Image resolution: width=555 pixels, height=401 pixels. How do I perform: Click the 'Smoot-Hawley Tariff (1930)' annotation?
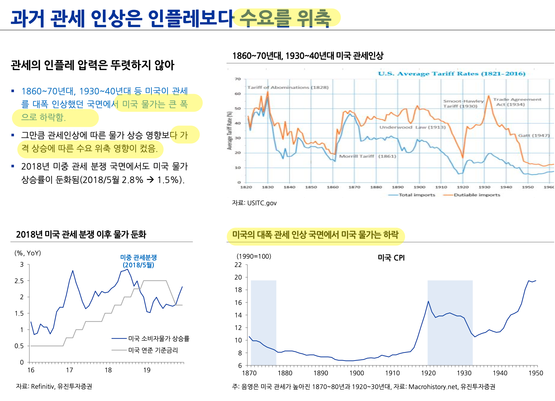[x=463, y=104]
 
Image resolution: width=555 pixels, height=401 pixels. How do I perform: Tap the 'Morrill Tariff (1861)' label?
[x=368, y=156]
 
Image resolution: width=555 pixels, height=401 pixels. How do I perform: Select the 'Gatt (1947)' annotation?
[x=534, y=135]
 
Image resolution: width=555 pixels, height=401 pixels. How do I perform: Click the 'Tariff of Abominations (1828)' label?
[x=288, y=87]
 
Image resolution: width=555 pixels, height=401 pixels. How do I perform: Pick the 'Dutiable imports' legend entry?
[x=477, y=195]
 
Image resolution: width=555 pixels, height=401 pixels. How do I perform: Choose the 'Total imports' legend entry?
[x=417, y=195]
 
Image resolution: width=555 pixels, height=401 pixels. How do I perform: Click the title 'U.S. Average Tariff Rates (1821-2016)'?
[x=452, y=74]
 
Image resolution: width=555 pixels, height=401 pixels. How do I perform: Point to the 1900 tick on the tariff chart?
[x=419, y=187]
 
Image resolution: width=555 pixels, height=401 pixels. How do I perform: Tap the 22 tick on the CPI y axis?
[x=238, y=265]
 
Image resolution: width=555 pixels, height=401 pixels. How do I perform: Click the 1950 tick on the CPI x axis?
[x=536, y=373]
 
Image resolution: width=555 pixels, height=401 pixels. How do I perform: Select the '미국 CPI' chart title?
[x=391, y=258]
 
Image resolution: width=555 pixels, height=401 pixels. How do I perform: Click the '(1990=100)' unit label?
[x=254, y=256]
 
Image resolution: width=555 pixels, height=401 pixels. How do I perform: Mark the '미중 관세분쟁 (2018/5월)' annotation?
[x=138, y=261]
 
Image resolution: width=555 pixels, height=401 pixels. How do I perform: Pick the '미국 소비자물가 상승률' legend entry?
[x=159, y=338]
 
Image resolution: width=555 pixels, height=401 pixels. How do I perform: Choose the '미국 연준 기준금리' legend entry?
[x=153, y=350]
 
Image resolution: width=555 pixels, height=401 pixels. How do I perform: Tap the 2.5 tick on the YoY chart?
[x=19, y=281]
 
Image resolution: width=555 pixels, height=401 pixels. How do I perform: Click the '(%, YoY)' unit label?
[x=28, y=253]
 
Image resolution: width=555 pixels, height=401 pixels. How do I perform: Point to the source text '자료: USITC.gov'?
[x=254, y=203]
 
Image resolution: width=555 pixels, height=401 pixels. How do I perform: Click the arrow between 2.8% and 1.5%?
[x=151, y=180]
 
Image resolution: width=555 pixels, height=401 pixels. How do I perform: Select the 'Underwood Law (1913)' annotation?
[x=412, y=127]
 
